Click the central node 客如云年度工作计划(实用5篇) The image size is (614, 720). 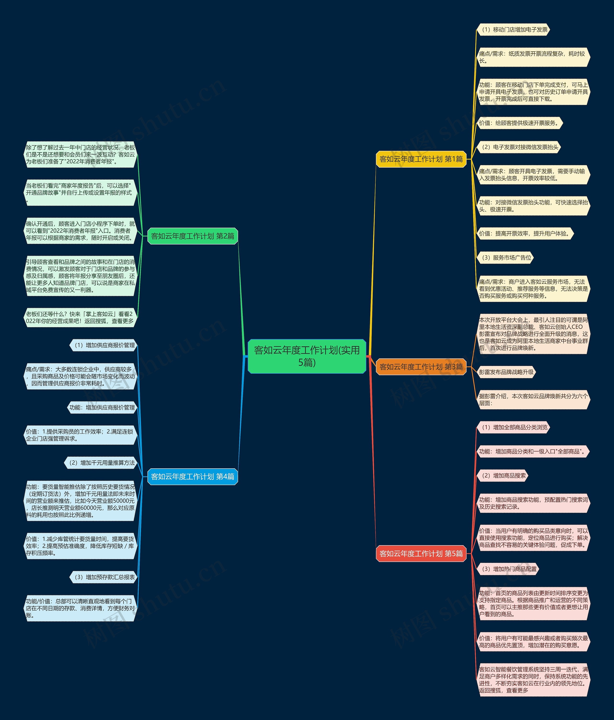307,356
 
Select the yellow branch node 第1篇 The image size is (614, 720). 421,159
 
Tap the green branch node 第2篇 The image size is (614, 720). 193,236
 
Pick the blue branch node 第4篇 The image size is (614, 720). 193,477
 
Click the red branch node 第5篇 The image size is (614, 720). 421,554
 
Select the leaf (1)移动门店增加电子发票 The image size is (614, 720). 513,30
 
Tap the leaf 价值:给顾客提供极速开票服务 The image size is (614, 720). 519,123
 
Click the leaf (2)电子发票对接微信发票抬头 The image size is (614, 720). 519,147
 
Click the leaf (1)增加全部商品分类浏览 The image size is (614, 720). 513,427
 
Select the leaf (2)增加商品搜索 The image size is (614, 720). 502,476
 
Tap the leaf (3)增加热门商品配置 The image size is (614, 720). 508,569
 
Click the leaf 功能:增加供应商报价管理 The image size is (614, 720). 102,408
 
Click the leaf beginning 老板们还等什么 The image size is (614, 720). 80,317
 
